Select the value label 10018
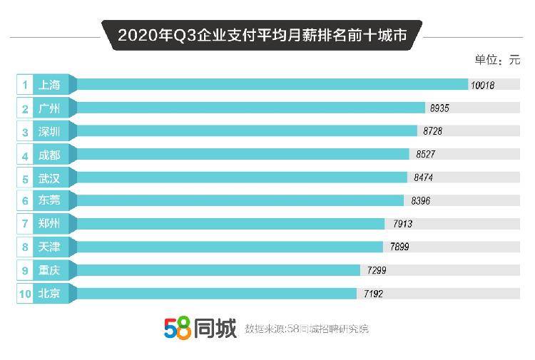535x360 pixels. click(x=482, y=86)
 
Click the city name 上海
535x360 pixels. click(x=49, y=86)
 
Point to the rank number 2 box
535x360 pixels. click(x=25, y=109)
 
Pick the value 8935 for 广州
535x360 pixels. click(x=439, y=108)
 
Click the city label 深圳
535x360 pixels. click(x=49, y=132)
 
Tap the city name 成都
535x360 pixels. click(x=49, y=155)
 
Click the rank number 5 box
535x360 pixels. click(x=25, y=178)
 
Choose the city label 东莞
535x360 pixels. click(x=49, y=201)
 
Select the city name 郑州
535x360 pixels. click(x=49, y=224)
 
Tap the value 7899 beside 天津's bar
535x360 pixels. click(x=399, y=247)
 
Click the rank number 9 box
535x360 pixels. click(x=25, y=270)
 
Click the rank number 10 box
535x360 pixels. click(x=25, y=293)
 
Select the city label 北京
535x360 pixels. click(x=49, y=293)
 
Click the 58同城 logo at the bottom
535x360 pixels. click(x=199, y=328)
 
